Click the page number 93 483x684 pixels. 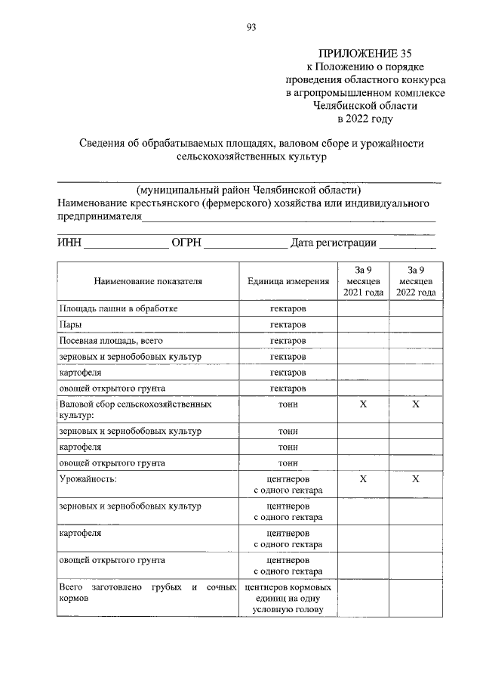pos(251,28)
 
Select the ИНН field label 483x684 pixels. pos(69,243)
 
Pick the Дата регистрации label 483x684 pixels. pos(333,243)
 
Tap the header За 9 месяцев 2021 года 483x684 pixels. pos(363,281)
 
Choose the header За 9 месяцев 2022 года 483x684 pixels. pos(416,281)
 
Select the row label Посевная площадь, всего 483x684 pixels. pos(109,341)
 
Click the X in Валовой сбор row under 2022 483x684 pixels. pos(416,405)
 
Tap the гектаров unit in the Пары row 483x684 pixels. pos(288,324)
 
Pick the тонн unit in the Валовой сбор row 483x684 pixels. pos(288,405)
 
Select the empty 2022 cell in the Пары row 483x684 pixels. pos(416,324)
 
